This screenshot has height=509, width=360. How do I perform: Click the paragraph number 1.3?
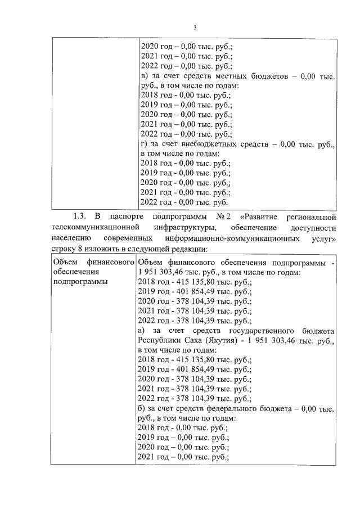coord(79,216)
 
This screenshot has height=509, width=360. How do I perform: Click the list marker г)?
coord(143,145)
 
